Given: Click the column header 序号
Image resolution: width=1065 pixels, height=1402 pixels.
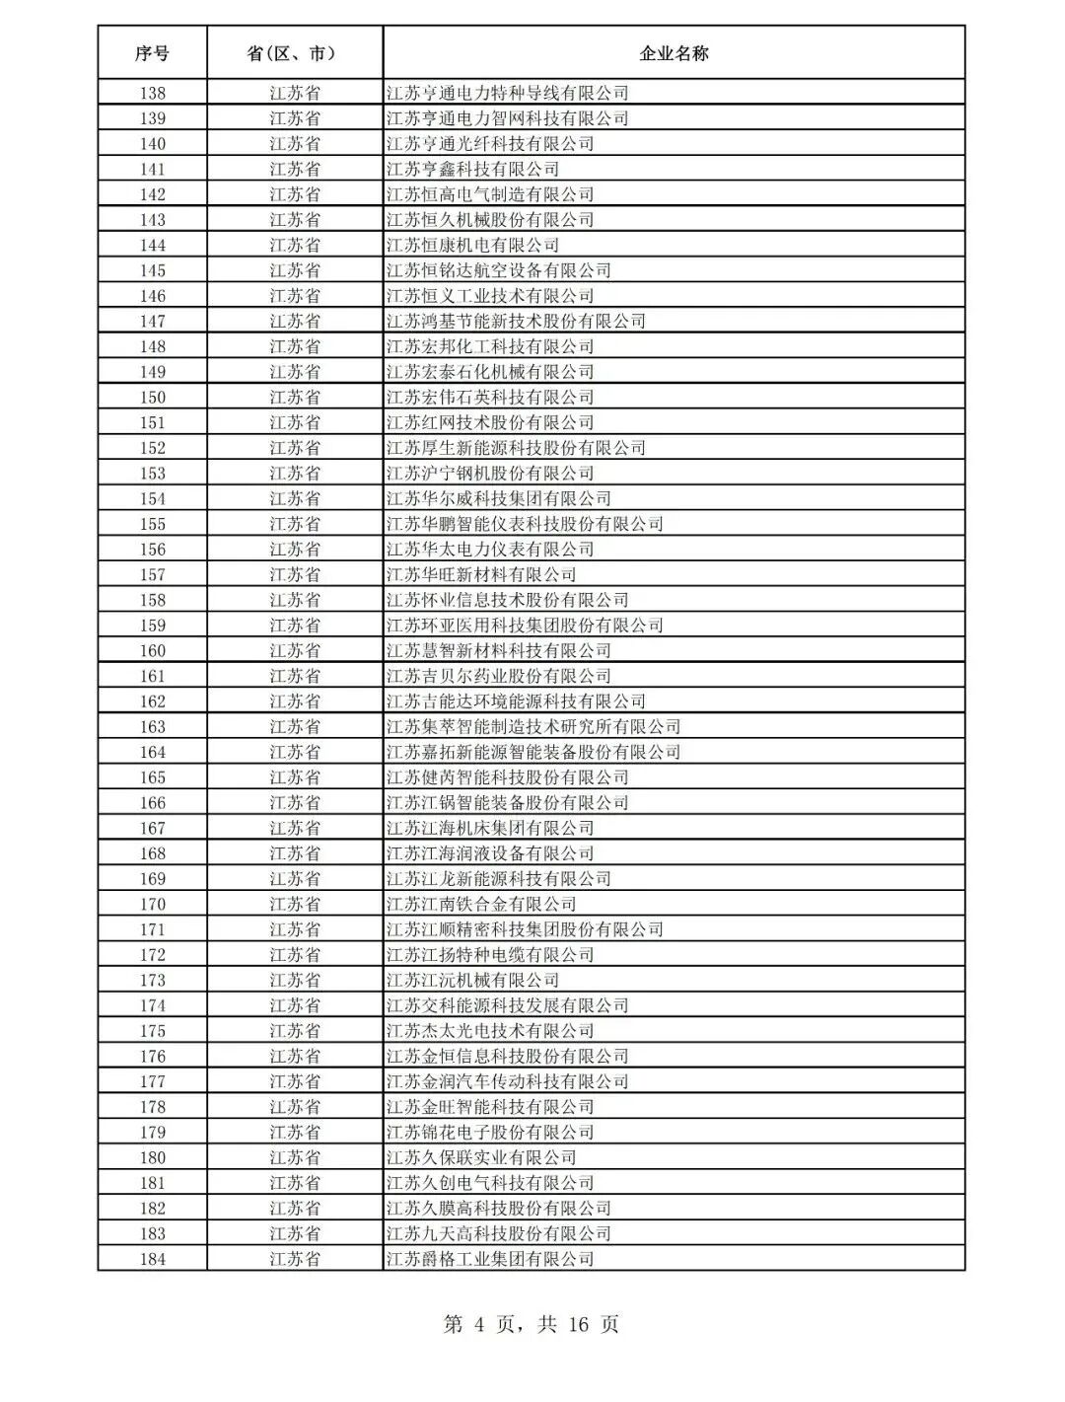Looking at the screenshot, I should tap(152, 53).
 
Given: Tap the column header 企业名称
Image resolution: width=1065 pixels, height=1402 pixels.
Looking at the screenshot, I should tap(674, 53).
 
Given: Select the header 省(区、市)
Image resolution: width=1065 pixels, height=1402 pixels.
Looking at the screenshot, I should tap(294, 53).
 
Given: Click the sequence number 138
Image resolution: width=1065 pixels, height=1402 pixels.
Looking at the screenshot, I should tap(152, 94).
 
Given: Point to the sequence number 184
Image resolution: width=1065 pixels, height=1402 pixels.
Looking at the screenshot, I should tap(152, 1259).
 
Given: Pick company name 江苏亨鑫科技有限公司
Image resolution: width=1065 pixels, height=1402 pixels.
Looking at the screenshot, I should tap(472, 170).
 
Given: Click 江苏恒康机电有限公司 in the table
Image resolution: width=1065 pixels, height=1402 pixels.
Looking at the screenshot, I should tap(472, 246).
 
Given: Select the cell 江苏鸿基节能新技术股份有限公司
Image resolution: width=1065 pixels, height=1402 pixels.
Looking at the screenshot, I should tap(516, 322).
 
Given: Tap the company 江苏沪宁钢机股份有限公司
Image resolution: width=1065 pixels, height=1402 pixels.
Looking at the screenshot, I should tap(490, 474).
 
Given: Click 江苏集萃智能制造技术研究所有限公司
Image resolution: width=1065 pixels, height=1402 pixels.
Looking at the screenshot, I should tap(533, 727).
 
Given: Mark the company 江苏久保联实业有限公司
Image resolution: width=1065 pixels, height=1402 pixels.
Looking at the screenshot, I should tap(481, 1158).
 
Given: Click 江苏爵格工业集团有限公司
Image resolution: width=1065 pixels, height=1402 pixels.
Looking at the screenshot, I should tap(490, 1259).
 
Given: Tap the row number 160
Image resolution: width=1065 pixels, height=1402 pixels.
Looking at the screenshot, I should tap(152, 651).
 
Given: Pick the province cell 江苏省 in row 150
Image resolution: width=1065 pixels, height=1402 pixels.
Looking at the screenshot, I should tap(294, 398).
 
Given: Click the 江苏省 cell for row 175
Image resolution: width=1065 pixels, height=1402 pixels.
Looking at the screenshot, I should tap(294, 1031).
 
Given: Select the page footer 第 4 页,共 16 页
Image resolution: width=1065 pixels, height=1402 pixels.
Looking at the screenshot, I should tap(532, 1324).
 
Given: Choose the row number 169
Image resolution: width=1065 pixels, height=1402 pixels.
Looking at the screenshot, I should tap(152, 879).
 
